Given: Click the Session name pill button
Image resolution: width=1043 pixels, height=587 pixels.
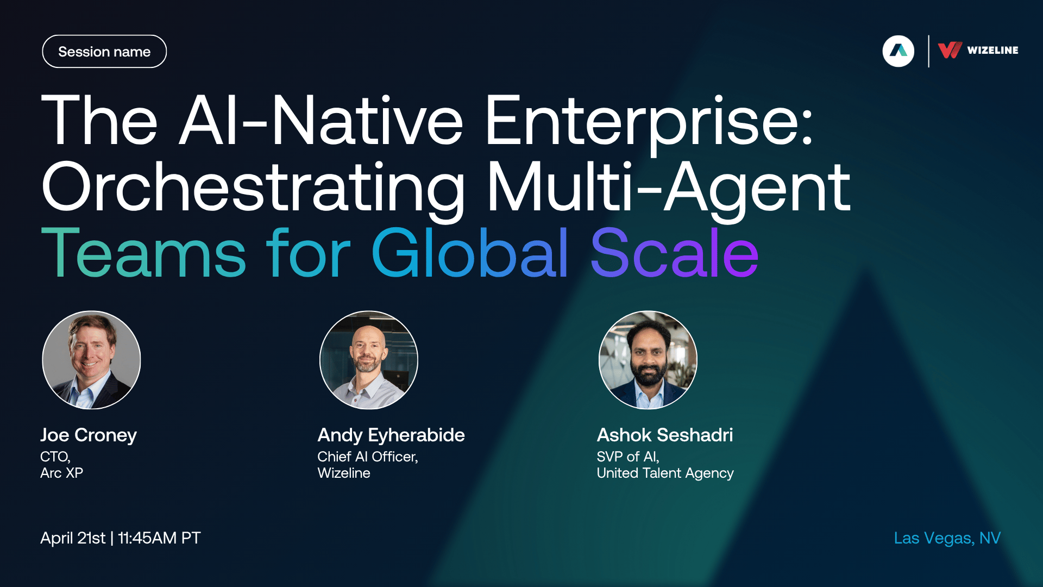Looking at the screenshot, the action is pos(104,52).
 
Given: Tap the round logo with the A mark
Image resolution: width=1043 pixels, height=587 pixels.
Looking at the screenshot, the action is pos(899,51).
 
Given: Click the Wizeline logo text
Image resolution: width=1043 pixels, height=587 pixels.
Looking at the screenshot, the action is pos(992,50).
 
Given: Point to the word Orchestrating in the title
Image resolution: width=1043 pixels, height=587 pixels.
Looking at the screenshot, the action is pos(253,187).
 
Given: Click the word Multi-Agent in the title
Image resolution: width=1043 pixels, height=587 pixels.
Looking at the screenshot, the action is pos(669,187).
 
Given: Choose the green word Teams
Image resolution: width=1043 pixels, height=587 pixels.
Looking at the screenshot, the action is pos(144,253).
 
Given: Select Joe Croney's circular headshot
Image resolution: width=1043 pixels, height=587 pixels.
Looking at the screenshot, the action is pos(91,360).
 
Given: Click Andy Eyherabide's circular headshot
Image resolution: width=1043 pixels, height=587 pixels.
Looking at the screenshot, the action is pos(369,360).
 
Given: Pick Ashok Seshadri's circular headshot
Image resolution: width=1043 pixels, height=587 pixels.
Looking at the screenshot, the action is pos(648,360).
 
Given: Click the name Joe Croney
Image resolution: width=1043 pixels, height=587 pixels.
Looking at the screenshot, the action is pos(89,435).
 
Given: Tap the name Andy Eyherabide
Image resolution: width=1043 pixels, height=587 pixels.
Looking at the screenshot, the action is pos(391,435).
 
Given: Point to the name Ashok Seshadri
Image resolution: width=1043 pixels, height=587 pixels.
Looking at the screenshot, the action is pos(665,435).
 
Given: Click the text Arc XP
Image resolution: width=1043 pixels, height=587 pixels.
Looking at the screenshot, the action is pos(61,473).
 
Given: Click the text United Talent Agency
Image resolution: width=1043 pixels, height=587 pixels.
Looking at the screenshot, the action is pos(665,473).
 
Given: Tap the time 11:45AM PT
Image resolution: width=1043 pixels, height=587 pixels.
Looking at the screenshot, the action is pos(159,538).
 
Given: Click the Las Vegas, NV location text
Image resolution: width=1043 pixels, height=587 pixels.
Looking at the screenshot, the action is pos(947,538).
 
